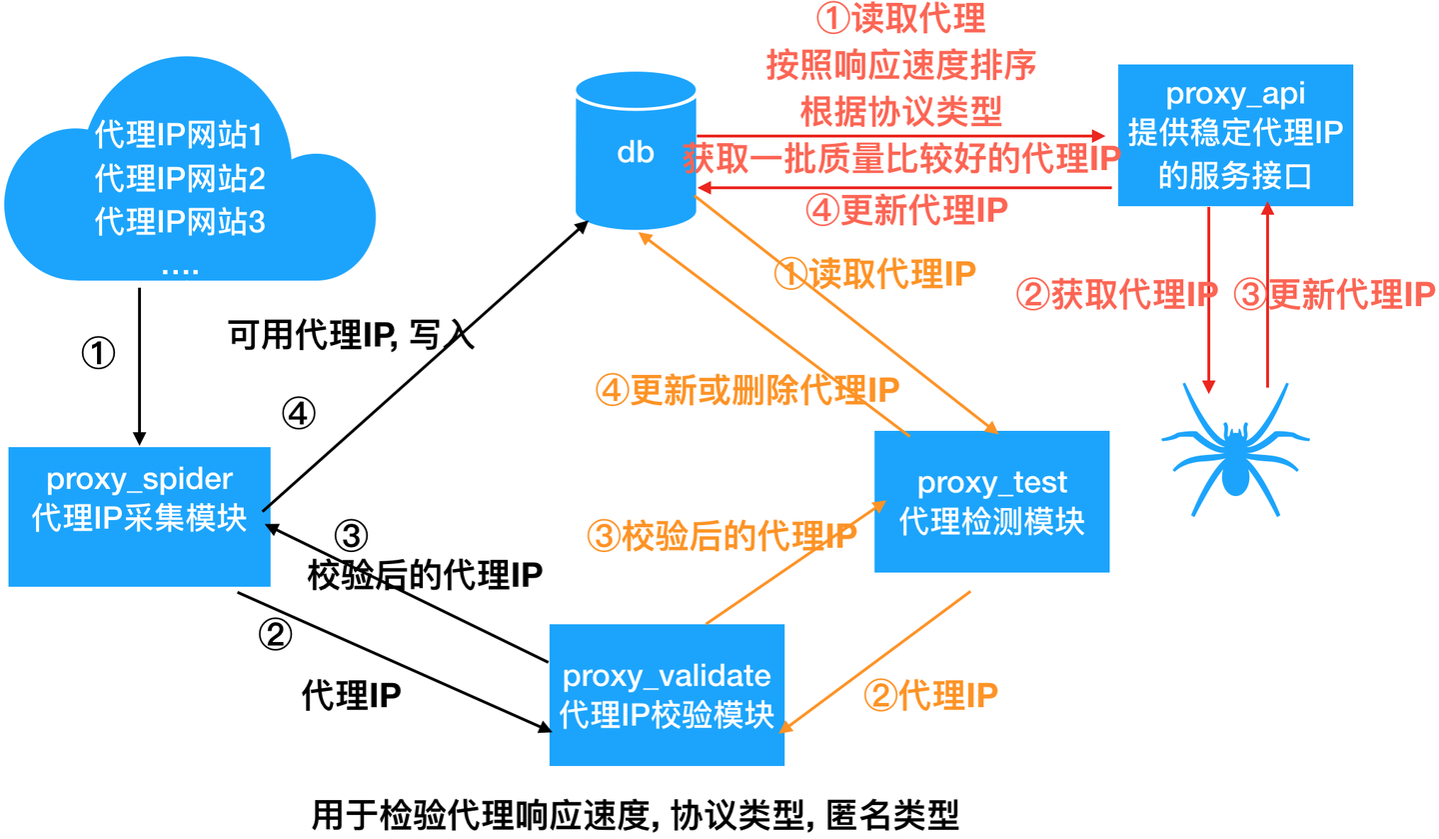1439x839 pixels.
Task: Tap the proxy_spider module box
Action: [139, 516]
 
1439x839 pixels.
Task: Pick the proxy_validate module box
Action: [667, 694]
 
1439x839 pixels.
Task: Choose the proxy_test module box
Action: [991, 502]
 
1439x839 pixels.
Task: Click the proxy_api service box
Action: [1235, 136]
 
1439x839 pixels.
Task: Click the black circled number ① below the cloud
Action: [98, 352]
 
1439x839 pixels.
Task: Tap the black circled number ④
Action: [299, 412]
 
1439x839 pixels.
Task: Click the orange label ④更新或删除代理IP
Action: [747, 389]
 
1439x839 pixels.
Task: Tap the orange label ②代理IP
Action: [929, 695]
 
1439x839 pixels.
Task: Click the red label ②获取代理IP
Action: [1116, 294]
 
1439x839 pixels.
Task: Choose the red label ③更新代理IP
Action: [1335, 294]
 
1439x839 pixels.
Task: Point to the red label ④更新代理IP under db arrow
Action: [905, 210]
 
